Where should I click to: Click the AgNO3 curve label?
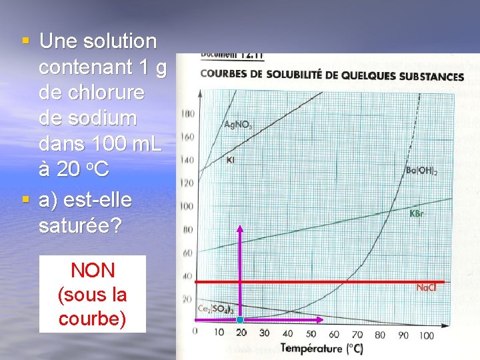pyautogui.click(x=238, y=125)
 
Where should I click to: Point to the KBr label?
pyautogui.click(x=417, y=214)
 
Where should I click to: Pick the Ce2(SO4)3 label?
pyautogui.click(x=214, y=309)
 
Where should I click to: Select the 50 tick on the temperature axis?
pyautogui.click(x=311, y=333)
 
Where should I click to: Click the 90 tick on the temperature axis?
pyautogui.click(x=403, y=335)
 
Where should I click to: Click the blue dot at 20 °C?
pyautogui.click(x=241, y=321)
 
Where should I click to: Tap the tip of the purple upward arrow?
pyautogui.click(x=241, y=229)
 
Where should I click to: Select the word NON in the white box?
pyautogui.click(x=92, y=270)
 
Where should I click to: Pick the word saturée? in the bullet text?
pyautogui.click(x=80, y=225)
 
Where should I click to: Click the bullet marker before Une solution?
pyautogui.click(x=25, y=41)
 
